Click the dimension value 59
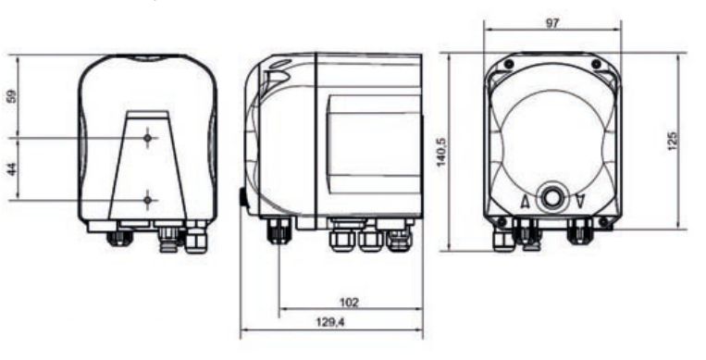pyautogui.click(x=12, y=96)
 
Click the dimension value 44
pyautogui.click(x=12, y=169)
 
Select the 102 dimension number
pyautogui.click(x=349, y=303)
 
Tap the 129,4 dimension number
pyautogui.click(x=331, y=322)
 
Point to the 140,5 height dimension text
pyautogui.click(x=441, y=152)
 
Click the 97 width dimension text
pyautogui.click(x=552, y=23)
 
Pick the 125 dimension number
pyautogui.click(x=673, y=141)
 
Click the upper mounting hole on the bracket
pyautogui.click(x=148, y=137)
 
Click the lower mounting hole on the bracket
pyautogui.click(x=148, y=200)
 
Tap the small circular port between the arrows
pyautogui.click(x=552, y=197)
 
